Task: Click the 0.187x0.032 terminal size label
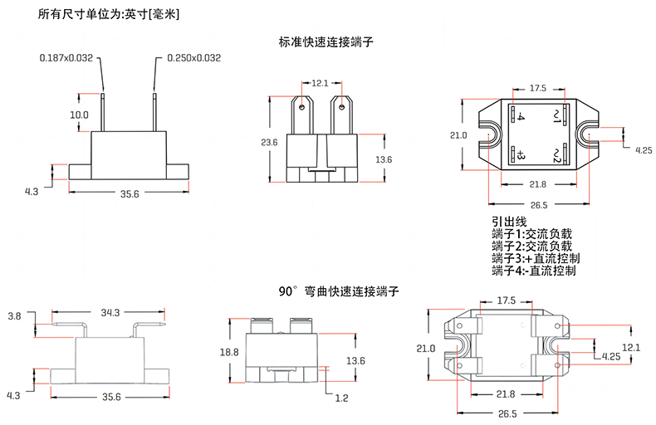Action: pos(67,58)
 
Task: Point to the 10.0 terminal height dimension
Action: pos(79,114)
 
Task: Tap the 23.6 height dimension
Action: pos(269,143)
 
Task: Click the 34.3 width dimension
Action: pos(110,312)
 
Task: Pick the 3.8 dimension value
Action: pos(14,316)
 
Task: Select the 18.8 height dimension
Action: pos(229,353)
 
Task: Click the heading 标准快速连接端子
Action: pos(327,41)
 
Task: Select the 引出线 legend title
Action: pos(509,222)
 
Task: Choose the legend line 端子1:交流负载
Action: pos(532,234)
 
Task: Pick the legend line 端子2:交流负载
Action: pos(532,247)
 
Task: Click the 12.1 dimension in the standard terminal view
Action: pos(321,82)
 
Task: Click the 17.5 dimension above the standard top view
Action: pos(537,87)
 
